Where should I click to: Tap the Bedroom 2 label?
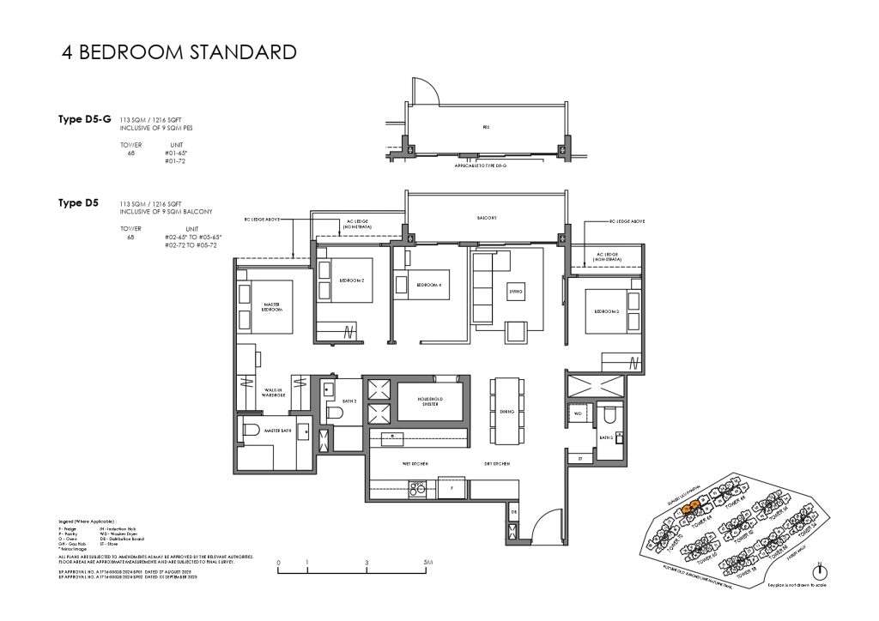coord(351,280)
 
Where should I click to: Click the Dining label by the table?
coord(506,413)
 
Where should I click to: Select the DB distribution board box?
coord(513,513)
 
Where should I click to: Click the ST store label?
coord(580,459)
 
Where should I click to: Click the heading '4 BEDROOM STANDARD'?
coord(179,52)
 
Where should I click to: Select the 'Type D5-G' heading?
coord(83,119)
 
